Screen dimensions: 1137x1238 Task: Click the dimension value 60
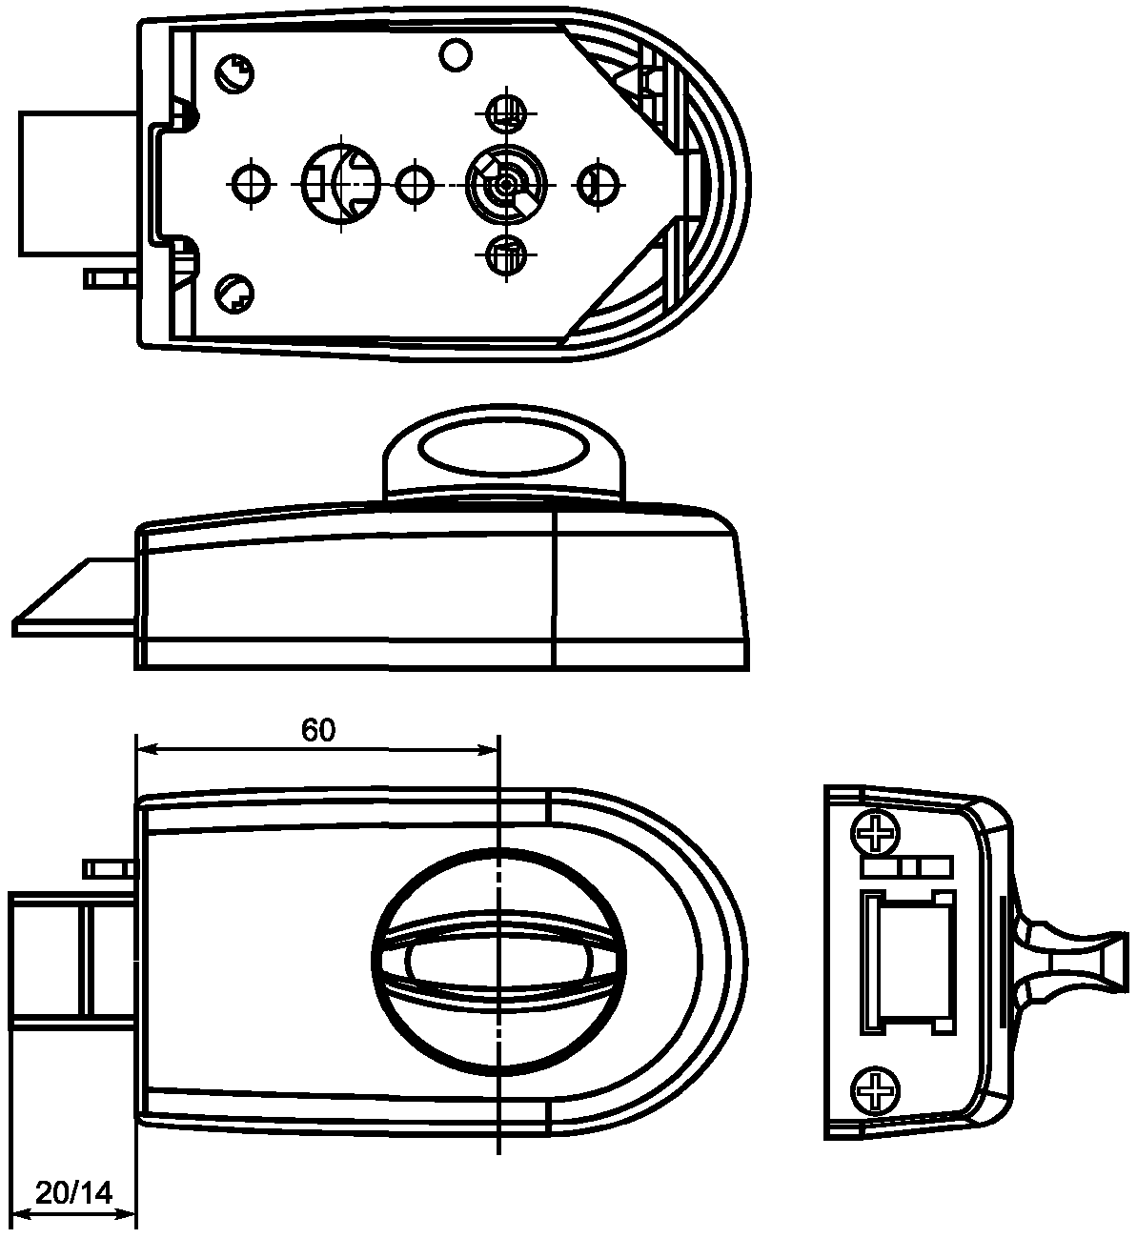pyautogui.click(x=318, y=731)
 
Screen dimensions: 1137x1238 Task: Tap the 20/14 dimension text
pyautogui.click(x=73, y=1192)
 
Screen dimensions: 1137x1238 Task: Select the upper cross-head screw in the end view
pyautogui.click(x=875, y=833)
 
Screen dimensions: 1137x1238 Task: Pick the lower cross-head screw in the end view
pyautogui.click(x=875, y=1089)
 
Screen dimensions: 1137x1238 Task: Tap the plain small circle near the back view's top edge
pyautogui.click(x=456, y=54)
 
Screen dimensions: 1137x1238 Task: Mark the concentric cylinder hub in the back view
pyautogui.click(x=505, y=181)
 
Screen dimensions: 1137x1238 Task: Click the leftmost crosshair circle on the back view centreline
pyautogui.click(x=251, y=181)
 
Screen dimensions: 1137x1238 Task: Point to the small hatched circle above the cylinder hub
pyautogui.click(x=505, y=112)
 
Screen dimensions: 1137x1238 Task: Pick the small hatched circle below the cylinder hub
pyautogui.click(x=505, y=254)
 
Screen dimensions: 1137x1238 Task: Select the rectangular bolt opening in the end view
pyautogui.click(x=905, y=962)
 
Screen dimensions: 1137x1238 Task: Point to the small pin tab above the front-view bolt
pyautogui.click(x=110, y=867)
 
